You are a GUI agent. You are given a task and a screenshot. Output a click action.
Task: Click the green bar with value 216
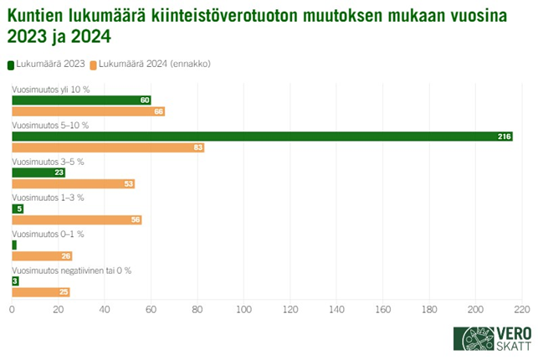(262, 136)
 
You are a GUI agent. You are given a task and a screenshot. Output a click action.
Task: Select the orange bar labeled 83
(108, 147)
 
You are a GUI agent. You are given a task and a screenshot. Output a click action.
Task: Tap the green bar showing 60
(81, 100)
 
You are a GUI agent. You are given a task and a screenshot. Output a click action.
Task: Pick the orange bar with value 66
(88, 111)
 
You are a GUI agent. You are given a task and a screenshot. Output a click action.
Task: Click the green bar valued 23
(38, 172)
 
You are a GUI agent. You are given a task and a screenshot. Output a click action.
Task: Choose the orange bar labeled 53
(73, 183)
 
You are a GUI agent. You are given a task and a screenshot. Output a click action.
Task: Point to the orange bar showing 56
(76, 220)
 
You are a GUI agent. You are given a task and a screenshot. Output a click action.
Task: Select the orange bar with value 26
(42, 256)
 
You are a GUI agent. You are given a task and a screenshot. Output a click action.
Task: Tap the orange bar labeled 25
(40, 292)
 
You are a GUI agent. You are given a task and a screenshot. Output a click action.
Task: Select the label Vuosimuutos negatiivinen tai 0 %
(71, 270)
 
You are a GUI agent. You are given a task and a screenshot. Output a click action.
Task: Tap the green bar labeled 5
(18, 208)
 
